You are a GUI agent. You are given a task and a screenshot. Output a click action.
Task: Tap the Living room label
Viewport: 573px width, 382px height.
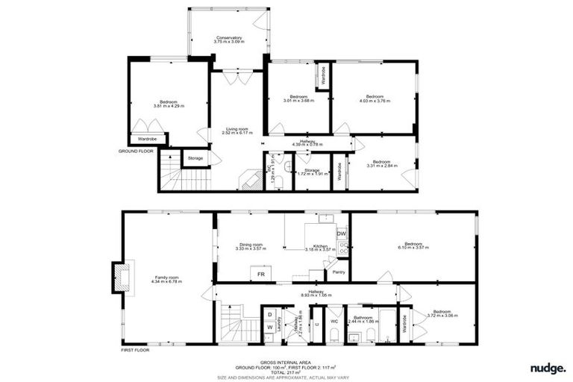[x=237, y=131]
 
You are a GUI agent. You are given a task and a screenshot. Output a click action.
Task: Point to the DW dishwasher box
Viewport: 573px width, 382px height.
[x=342, y=234]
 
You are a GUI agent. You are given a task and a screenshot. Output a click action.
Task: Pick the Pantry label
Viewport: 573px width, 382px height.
[x=338, y=272]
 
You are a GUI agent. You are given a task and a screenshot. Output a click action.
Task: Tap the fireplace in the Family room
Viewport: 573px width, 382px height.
[x=121, y=276]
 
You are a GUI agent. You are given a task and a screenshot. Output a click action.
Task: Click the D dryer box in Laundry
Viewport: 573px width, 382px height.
[x=269, y=314]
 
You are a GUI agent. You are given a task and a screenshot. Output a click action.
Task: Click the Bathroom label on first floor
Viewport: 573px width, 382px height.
[x=363, y=319]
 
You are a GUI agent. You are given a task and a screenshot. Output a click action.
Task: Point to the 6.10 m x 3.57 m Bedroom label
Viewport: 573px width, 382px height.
[x=414, y=246]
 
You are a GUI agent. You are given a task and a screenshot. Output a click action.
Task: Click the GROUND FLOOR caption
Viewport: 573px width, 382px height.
[x=136, y=151]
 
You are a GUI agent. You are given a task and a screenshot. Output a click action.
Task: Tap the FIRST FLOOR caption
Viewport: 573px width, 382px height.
[x=136, y=349]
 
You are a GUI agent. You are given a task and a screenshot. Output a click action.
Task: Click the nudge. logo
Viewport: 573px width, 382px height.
[x=548, y=368]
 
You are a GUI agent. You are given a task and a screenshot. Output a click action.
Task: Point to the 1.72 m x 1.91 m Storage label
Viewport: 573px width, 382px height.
[x=313, y=172]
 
